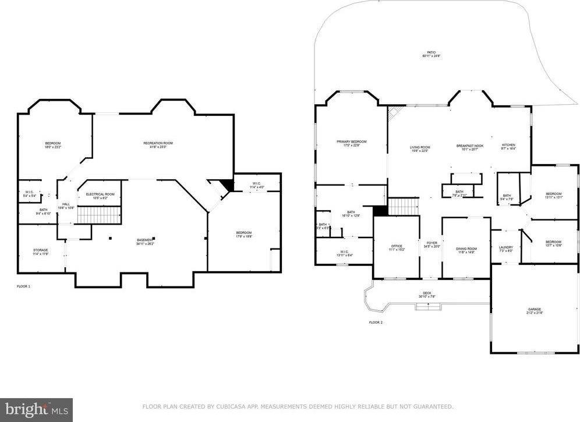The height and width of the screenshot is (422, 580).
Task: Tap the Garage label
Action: pyautogui.click(x=535, y=310)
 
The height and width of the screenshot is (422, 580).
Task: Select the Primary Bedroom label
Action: pyautogui.click(x=351, y=141)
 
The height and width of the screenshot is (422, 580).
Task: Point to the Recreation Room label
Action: pyautogui.click(x=158, y=143)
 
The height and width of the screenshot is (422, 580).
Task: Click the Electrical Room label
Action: pyautogui.click(x=100, y=194)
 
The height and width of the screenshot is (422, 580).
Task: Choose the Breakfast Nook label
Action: pyautogui.click(x=469, y=147)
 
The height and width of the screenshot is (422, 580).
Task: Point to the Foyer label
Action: pyautogui.click(x=432, y=243)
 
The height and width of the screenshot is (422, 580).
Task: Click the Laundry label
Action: pyautogui.click(x=506, y=247)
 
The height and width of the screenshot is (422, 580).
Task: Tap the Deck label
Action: pyautogui.click(x=427, y=293)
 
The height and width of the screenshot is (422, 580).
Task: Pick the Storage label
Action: pyautogui.click(x=40, y=250)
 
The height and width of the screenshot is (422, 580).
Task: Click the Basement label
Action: pyautogui.click(x=144, y=240)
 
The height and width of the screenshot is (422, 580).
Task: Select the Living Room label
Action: pyautogui.click(x=420, y=147)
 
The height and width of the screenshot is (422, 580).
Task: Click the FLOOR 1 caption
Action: pyautogui.click(x=23, y=286)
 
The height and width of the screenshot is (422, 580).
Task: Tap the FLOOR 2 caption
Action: pyautogui.click(x=376, y=322)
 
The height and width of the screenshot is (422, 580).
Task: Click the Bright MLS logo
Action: pyautogui.click(x=36, y=410)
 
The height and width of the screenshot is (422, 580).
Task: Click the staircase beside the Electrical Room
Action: pyautogui.click(x=99, y=214)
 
